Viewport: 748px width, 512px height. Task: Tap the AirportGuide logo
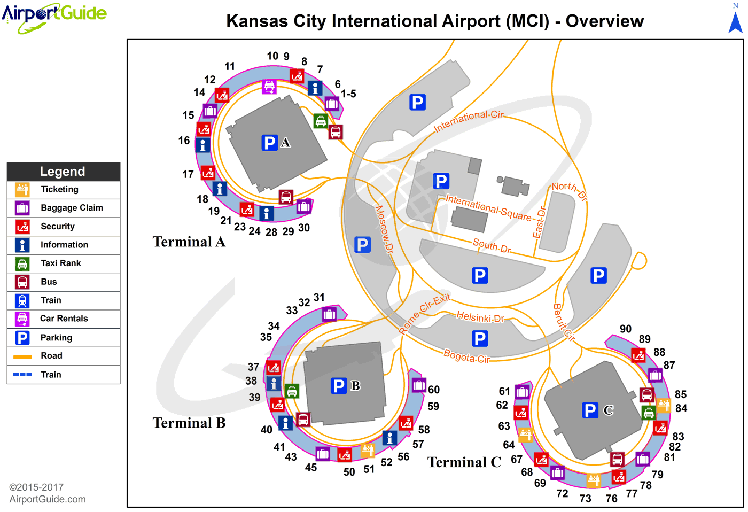coord(54,17)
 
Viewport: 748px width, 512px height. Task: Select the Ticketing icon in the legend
coord(22,190)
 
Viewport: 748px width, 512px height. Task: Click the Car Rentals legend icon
coord(22,319)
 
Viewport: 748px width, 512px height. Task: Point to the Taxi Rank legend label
coord(61,263)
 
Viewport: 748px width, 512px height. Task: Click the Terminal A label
coord(189,242)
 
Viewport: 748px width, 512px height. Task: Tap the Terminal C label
coord(464,462)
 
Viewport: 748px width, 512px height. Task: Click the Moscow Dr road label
coord(384,229)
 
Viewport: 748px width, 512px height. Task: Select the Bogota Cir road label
coord(466,356)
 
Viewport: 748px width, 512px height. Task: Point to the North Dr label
coord(570,191)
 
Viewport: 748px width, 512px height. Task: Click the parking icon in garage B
coord(339,386)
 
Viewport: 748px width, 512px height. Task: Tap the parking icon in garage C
coord(590,410)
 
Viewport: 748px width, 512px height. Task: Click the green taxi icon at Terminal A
coord(321,121)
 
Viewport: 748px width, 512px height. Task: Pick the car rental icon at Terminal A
coord(269,87)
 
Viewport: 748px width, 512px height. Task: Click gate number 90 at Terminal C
coord(626,329)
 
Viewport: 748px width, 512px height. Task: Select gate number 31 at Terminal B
coord(319,297)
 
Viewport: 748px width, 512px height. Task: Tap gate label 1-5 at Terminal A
coord(348,94)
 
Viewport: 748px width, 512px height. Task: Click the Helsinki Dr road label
coord(480,316)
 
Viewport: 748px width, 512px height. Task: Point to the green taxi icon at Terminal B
coord(292,391)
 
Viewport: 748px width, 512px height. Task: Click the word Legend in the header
coord(63,172)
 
